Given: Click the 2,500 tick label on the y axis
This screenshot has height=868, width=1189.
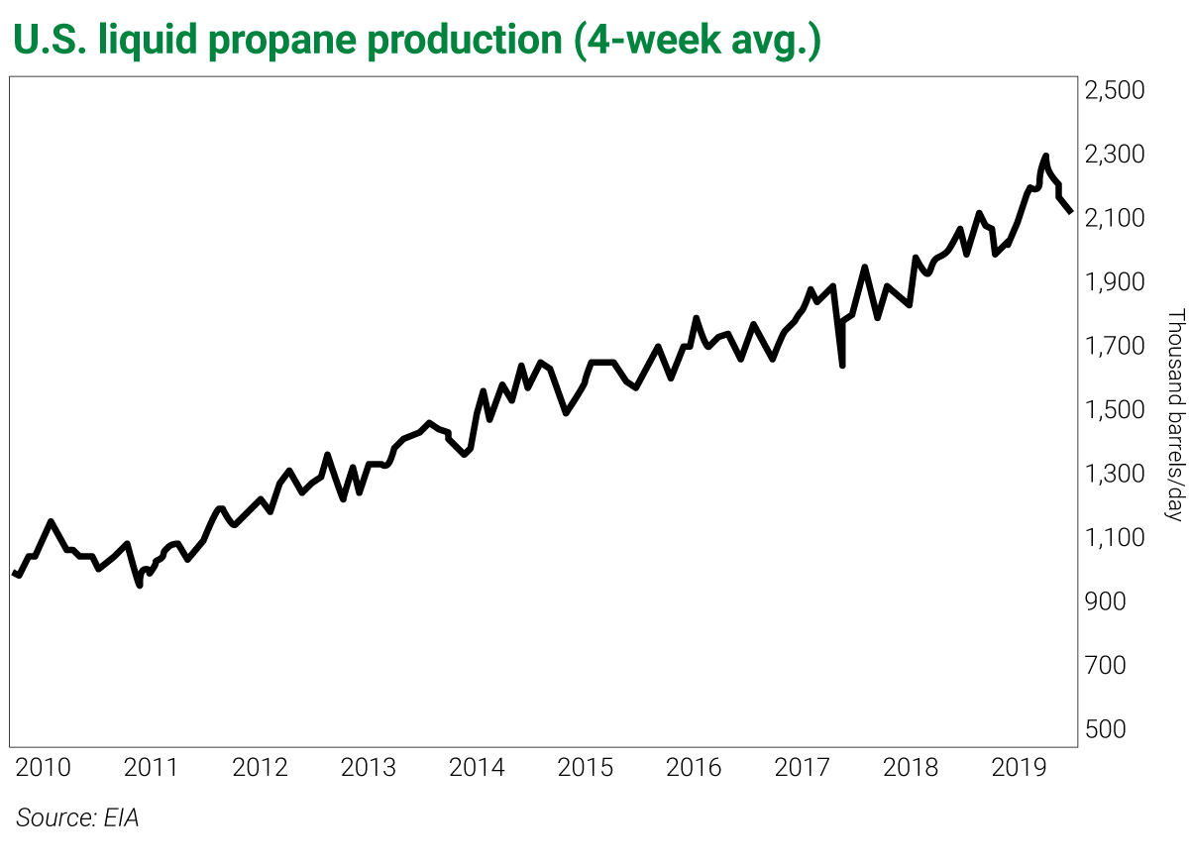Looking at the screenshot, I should [1115, 91].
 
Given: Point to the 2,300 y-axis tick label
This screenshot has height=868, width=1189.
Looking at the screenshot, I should [1115, 155].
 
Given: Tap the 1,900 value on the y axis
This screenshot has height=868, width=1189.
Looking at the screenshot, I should [1115, 282].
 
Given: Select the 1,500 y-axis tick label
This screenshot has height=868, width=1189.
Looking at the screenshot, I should [1115, 410].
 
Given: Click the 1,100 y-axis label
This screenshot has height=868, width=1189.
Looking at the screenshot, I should [1115, 538].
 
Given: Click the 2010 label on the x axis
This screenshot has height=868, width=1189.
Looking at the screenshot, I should [44, 768].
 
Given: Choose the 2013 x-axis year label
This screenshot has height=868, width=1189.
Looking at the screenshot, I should [369, 768].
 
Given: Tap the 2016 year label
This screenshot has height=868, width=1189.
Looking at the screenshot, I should [694, 768].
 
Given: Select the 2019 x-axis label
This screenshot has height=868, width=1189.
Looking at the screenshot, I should [1019, 768].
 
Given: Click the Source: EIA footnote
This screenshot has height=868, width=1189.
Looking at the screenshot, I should [77, 818].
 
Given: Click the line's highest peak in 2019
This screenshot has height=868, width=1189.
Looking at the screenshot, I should [1045, 156].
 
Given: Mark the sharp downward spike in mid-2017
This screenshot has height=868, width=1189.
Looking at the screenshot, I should [841, 365].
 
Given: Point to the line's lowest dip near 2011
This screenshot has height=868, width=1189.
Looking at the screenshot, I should [140, 585].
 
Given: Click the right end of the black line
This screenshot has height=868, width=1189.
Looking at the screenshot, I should [1070, 211].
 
